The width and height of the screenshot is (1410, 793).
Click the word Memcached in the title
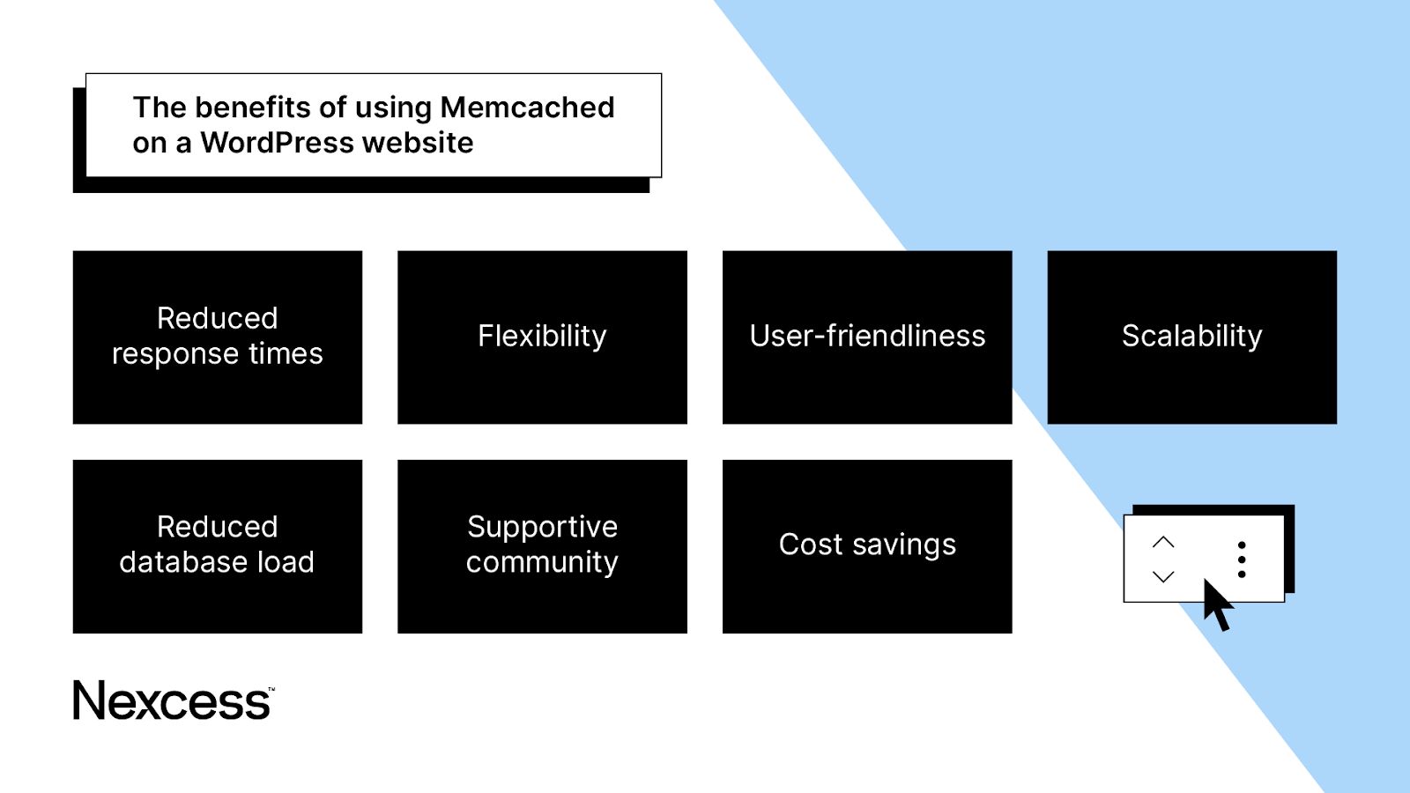pyautogui.click(x=527, y=107)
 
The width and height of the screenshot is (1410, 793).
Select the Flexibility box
pyautogui.click(x=542, y=337)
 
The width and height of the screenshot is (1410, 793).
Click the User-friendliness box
pyautogui.click(x=867, y=337)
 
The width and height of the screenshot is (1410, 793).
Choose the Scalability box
pyautogui.click(x=1191, y=337)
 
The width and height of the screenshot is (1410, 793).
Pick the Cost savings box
pyautogui.click(x=867, y=545)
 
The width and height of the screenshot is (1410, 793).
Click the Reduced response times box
pyautogui.click(x=217, y=337)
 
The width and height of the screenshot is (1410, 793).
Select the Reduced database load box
pyautogui.click(x=217, y=545)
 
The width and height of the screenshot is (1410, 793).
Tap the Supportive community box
pyautogui.click(x=542, y=545)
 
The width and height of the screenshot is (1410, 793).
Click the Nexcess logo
pyautogui.click(x=172, y=701)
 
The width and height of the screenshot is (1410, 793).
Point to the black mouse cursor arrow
pyautogui.click(x=1216, y=604)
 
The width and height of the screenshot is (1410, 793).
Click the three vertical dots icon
pyautogui.click(x=1242, y=560)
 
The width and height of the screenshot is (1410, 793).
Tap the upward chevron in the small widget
pyautogui.click(x=1163, y=542)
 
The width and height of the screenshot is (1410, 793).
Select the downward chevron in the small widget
pyautogui.click(x=1163, y=577)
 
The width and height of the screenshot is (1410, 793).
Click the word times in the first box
pyautogui.click(x=286, y=354)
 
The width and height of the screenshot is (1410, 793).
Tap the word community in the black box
pyautogui.click(x=542, y=563)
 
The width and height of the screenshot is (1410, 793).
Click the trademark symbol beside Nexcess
pyautogui.click(x=271, y=689)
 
